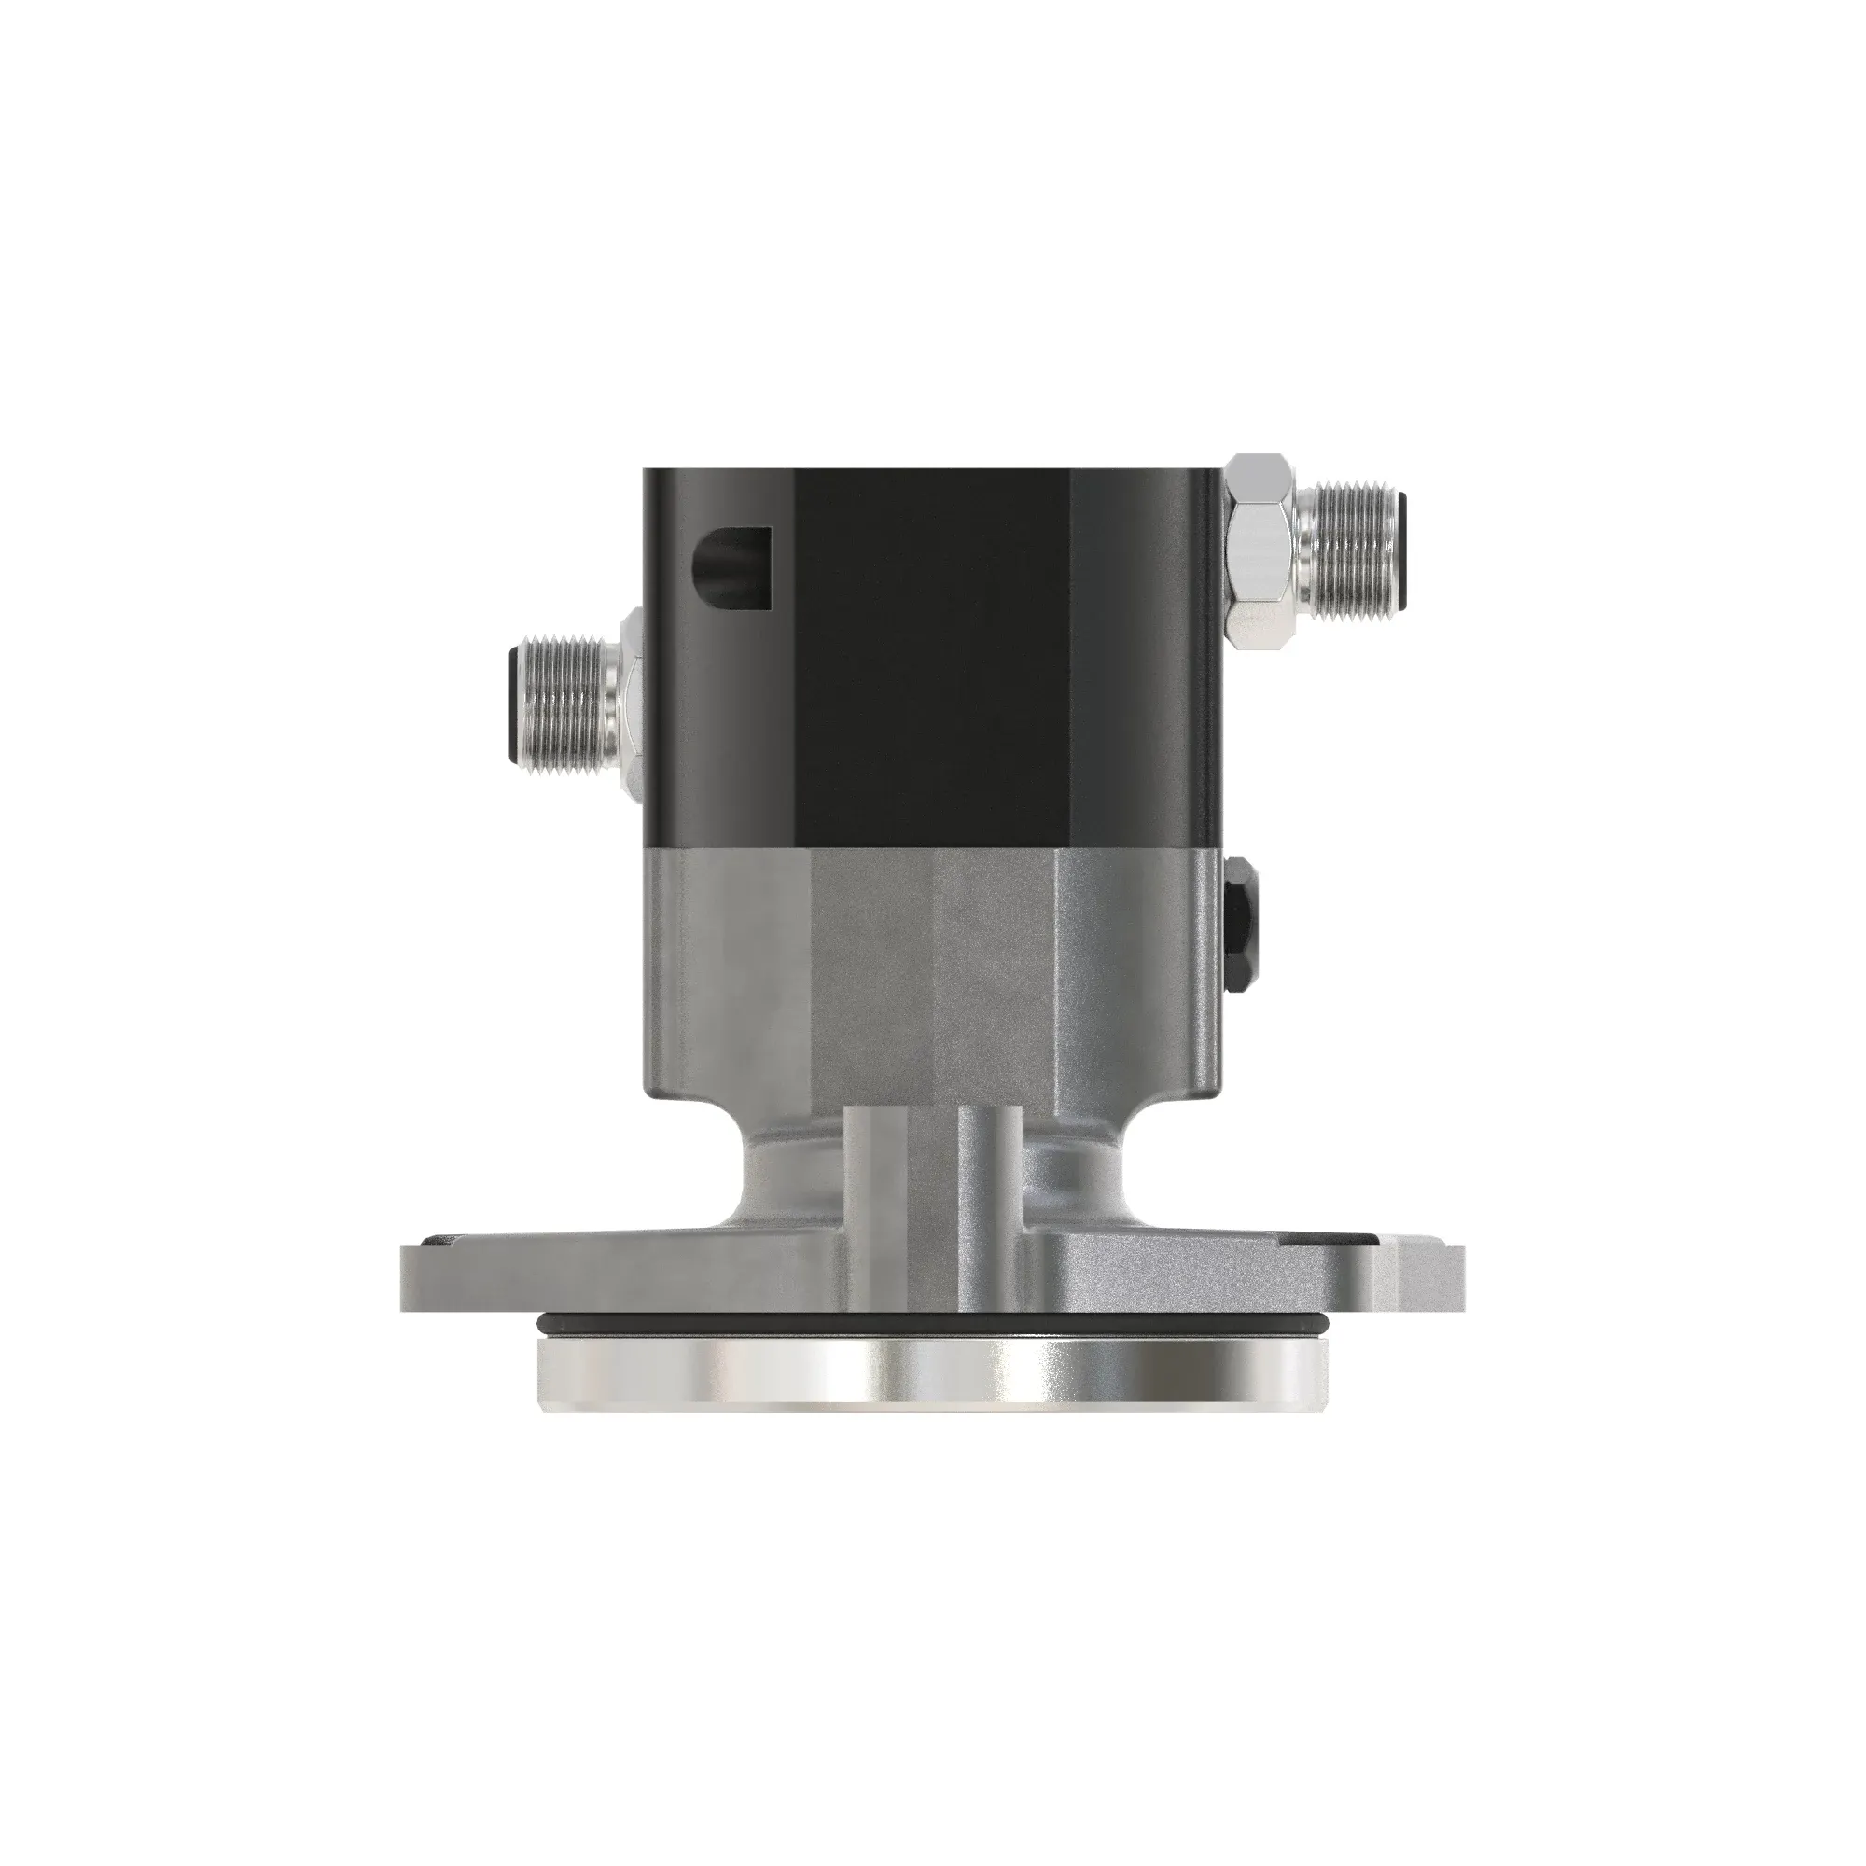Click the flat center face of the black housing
(x=932, y=657)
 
